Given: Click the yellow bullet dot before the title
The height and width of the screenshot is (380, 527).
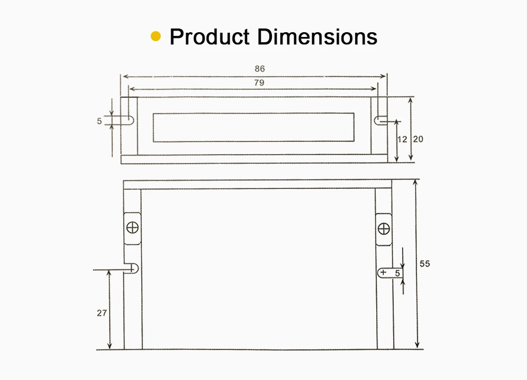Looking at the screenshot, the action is coord(155,36).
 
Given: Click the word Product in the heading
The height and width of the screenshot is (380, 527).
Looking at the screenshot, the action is coord(209,36).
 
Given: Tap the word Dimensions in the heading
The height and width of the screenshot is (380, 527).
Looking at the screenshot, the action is coord(317,36).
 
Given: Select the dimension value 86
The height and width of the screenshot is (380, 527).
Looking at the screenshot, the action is coord(259,69).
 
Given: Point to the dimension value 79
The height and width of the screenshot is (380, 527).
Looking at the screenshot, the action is coord(259,83).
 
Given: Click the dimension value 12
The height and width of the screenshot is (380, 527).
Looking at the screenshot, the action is coord(402,139).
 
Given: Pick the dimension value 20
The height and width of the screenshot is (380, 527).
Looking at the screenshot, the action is coord(418,139).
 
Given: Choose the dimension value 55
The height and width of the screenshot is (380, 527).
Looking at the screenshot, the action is coord(425,263).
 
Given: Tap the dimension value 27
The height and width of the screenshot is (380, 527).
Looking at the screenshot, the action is coord(102,313).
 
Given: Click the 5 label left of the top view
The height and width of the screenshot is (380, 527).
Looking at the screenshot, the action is coord(99,121).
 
